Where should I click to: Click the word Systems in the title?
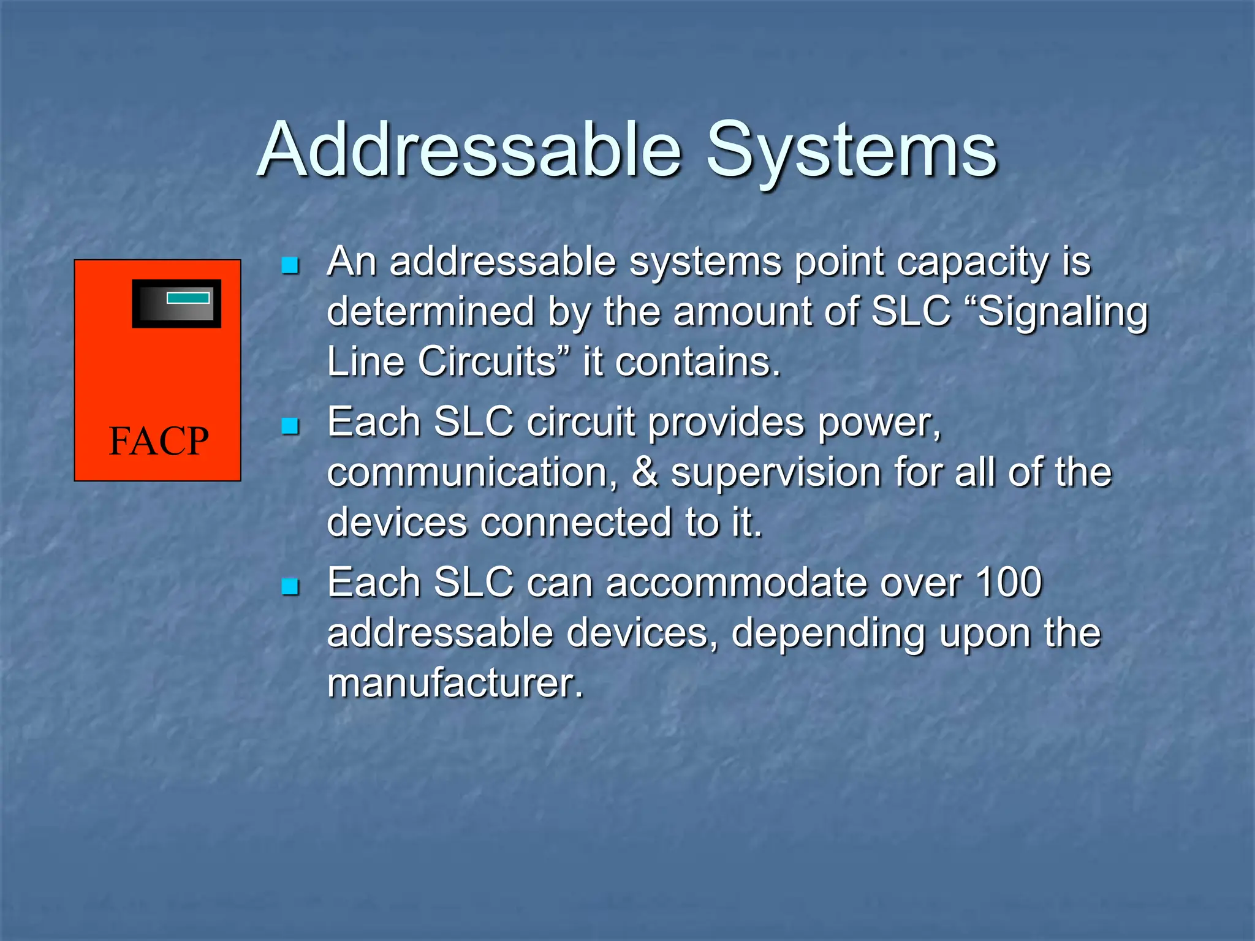point(852,150)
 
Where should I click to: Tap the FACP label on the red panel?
point(158,440)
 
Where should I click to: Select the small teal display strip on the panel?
point(188,298)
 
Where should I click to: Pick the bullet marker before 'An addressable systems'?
point(289,265)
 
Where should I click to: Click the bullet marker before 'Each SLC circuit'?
point(289,426)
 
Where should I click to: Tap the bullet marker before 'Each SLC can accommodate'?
point(289,586)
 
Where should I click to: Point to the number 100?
point(1009,582)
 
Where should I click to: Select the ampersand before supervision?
point(645,473)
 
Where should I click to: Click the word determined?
point(430,311)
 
